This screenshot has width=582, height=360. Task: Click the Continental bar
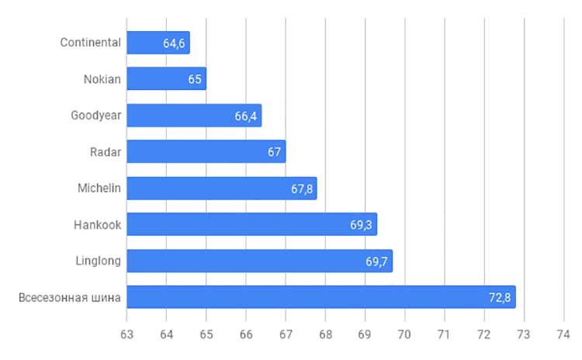(x=158, y=43)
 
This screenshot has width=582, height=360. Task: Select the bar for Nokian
(x=167, y=78)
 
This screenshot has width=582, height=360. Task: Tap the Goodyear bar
(x=194, y=116)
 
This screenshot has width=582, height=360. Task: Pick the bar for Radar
(x=206, y=151)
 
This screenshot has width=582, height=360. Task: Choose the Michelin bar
(x=222, y=189)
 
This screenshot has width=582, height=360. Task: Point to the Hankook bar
(x=252, y=224)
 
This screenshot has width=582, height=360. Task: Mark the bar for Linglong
(x=260, y=261)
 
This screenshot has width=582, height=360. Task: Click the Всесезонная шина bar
(x=321, y=297)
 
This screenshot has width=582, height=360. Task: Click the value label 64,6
(x=174, y=43)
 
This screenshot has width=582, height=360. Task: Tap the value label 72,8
(x=500, y=298)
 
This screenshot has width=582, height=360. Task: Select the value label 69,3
(x=361, y=225)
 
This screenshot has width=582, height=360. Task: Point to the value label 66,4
(x=246, y=116)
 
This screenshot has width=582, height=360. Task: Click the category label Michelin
(x=99, y=189)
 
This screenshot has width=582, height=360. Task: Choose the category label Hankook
(x=97, y=224)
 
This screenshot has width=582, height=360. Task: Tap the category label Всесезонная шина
(x=70, y=298)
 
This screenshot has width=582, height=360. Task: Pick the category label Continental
(x=91, y=43)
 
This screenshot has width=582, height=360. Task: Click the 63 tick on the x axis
(x=126, y=334)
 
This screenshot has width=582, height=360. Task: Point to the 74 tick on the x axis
(x=563, y=334)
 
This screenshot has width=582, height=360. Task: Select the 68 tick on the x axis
(x=325, y=334)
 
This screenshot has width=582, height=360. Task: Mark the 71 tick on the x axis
(x=445, y=334)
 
